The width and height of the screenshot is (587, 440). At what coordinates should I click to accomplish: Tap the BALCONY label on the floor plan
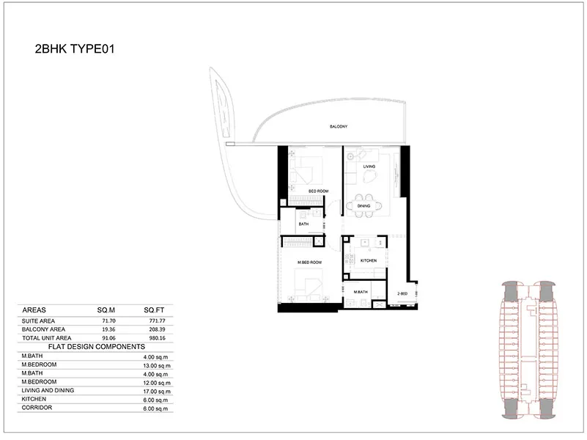coord(337,127)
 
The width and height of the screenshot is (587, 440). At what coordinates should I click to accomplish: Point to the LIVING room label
coord(369,166)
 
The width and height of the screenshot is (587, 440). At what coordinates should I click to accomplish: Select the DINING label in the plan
coord(364,206)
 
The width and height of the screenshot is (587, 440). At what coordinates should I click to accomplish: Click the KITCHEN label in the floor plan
coord(369,260)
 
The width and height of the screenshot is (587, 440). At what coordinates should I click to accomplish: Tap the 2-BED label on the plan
coord(402,293)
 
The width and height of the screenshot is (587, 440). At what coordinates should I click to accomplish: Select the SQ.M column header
coord(107,310)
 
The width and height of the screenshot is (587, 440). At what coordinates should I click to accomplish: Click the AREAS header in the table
coord(35,310)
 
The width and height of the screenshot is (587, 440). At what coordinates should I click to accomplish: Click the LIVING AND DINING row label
coord(48,391)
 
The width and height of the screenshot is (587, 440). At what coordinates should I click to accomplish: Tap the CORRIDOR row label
coord(36,408)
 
